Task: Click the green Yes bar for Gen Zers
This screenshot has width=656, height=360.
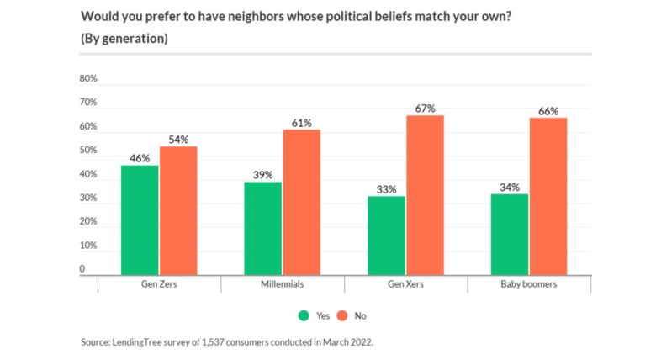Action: [140, 220]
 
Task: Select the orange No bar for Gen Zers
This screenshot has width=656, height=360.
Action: [178, 210]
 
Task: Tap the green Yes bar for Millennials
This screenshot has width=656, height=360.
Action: [263, 228]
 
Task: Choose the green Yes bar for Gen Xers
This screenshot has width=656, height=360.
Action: [387, 235]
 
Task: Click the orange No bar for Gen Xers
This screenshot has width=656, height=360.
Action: [425, 194]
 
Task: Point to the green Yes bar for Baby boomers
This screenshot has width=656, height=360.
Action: [510, 234]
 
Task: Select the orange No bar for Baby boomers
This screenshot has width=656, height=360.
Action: [548, 196]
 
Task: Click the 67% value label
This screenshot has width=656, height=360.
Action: [425, 109]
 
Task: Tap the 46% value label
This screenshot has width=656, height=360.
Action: [140, 158]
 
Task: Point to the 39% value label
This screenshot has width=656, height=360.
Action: [263, 175]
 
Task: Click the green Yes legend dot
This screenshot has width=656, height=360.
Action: [303, 315]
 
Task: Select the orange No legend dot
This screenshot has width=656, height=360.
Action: [343, 315]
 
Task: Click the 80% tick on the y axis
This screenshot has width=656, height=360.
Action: [88, 78]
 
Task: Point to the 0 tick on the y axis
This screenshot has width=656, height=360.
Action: [82, 269]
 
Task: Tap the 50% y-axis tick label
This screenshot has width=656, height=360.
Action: [88, 151]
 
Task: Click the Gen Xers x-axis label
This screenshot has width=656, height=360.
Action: [406, 285]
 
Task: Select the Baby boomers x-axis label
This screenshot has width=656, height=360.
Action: [529, 285]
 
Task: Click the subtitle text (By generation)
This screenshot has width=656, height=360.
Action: [123, 39]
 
